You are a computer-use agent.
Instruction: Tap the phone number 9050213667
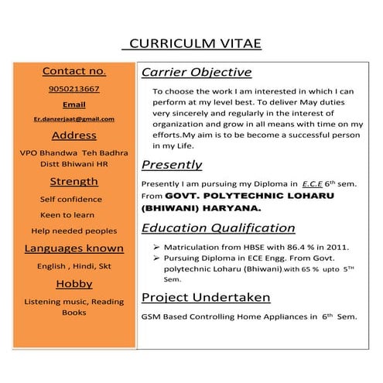(74, 89)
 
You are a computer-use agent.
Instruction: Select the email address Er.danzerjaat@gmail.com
(74, 119)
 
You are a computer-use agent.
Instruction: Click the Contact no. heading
(74, 71)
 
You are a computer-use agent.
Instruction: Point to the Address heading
(74, 136)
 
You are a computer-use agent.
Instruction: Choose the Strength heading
(74, 182)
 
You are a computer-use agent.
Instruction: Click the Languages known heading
(74, 248)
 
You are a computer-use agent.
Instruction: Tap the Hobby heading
(74, 284)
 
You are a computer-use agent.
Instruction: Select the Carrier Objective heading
(197, 73)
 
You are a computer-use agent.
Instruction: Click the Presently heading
(172, 165)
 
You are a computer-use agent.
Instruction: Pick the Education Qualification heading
(218, 228)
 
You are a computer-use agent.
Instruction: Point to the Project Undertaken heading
(206, 297)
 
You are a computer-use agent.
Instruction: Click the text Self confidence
(70, 199)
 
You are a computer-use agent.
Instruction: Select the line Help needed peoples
(74, 231)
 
